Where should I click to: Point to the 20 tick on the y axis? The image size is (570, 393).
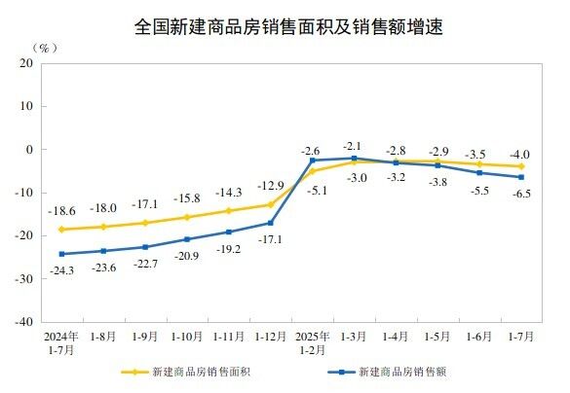[x=26, y=64]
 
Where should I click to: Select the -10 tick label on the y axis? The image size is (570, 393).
[x=23, y=193]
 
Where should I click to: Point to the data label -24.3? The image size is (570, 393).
[x=62, y=269]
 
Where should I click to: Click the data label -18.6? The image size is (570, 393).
[x=61, y=211]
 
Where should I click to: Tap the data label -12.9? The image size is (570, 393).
[x=270, y=186]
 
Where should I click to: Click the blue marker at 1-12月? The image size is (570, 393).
[x=271, y=223]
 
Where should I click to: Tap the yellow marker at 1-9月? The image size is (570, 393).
[x=145, y=223]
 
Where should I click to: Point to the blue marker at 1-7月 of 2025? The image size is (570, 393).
[x=522, y=177]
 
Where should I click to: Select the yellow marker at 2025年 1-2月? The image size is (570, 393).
[x=313, y=171]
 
